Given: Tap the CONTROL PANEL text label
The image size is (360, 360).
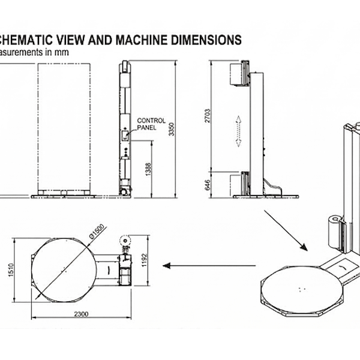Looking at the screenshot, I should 151,124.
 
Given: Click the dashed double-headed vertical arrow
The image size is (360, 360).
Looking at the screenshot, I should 238,131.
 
